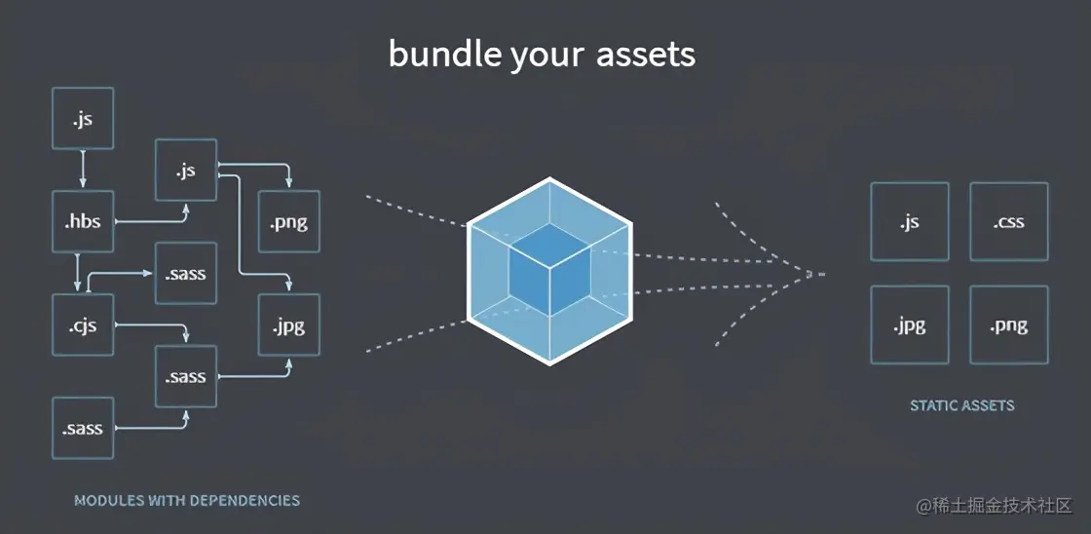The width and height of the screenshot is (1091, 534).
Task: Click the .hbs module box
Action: pyautogui.click(x=83, y=222)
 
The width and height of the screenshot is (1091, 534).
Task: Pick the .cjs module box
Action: pyautogui.click(x=83, y=325)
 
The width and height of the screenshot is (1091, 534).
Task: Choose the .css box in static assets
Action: pyautogui.click(x=1009, y=221)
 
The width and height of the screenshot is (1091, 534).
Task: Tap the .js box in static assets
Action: pyautogui.click(x=910, y=221)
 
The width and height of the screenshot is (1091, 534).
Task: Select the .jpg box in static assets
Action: pyautogui.click(x=910, y=324)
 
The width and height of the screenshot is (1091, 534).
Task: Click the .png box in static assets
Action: pyautogui.click(x=1009, y=324)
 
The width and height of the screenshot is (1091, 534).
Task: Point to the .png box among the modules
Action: pyautogui.click(x=289, y=222)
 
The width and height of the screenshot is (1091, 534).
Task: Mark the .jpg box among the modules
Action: pyautogui.click(x=289, y=325)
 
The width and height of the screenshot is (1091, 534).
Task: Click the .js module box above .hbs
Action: pyautogui.click(x=83, y=119)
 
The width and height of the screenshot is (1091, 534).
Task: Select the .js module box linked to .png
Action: pyautogui.click(x=186, y=171)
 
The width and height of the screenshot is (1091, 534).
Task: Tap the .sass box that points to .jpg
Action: pyautogui.click(x=186, y=376)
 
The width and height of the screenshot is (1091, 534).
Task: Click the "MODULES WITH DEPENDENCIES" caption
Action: pyautogui.click(x=187, y=501)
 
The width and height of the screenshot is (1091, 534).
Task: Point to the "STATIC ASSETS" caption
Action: pyautogui.click(x=961, y=405)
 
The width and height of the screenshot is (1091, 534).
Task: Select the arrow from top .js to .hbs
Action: pyautogui.click(x=83, y=171)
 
